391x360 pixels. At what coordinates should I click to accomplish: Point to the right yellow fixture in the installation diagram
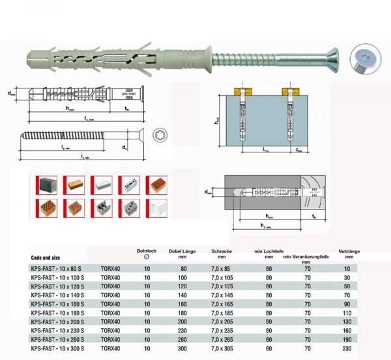point(287,90)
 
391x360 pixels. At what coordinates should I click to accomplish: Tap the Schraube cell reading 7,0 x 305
point(222,350)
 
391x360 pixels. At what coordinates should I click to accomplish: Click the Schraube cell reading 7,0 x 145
point(222,295)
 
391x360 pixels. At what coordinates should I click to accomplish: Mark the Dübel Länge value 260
point(183,340)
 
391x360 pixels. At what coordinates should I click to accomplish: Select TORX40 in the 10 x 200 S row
point(111,322)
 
